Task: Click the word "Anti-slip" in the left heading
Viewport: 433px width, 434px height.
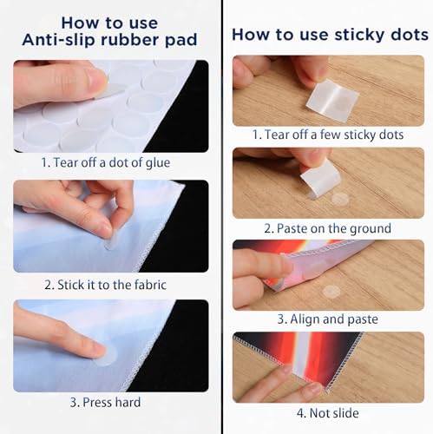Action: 59,40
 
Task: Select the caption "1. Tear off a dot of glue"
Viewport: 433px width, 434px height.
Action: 105,162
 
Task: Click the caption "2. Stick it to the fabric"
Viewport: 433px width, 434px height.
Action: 105,285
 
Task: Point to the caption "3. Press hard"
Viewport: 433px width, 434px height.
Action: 105,403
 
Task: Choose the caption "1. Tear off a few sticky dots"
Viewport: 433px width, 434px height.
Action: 328,135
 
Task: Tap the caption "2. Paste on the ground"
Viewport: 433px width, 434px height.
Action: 328,228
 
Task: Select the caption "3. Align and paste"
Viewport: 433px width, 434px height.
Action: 328,319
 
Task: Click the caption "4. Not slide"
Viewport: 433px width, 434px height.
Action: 328,413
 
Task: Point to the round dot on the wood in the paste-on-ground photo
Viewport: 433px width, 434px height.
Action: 340,199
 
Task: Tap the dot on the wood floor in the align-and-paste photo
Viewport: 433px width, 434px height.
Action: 331,292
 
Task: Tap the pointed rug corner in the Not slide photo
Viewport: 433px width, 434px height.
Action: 327,391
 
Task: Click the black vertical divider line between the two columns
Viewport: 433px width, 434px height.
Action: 222,217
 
